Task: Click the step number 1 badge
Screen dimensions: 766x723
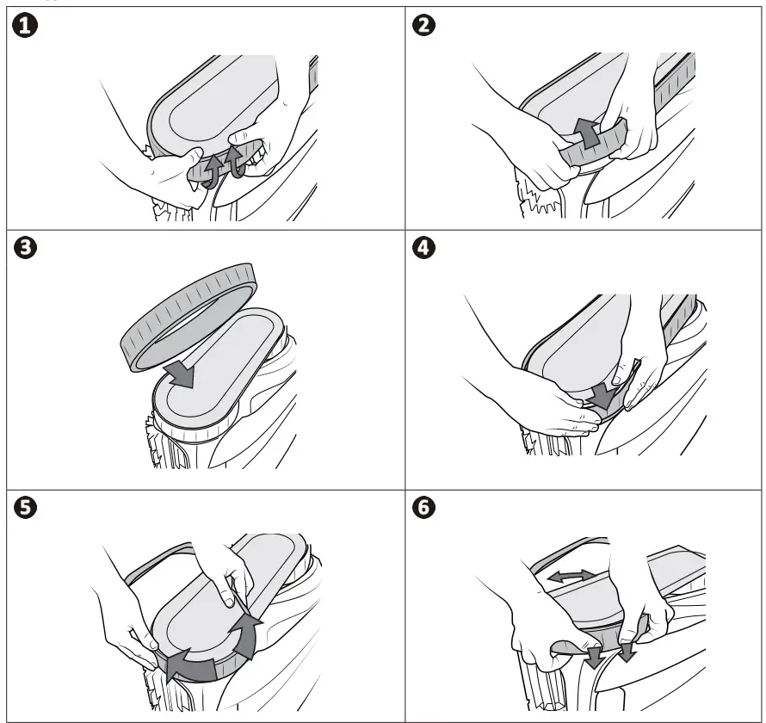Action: [x=24, y=26]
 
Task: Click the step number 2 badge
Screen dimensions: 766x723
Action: [x=424, y=26]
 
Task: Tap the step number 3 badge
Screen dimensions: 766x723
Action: [x=26, y=248]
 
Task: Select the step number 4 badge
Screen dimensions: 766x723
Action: [x=424, y=248]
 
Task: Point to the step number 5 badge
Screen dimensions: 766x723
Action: [x=26, y=508]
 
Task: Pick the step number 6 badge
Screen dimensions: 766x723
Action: [x=424, y=508]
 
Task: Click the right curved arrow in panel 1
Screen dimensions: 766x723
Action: [x=235, y=161]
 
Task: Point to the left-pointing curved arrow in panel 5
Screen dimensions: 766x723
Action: [x=190, y=665]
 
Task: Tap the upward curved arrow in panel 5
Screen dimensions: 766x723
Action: [x=247, y=635]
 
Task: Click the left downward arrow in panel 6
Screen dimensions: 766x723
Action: [x=594, y=657]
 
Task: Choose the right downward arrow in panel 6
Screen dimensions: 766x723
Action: [x=627, y=652]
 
